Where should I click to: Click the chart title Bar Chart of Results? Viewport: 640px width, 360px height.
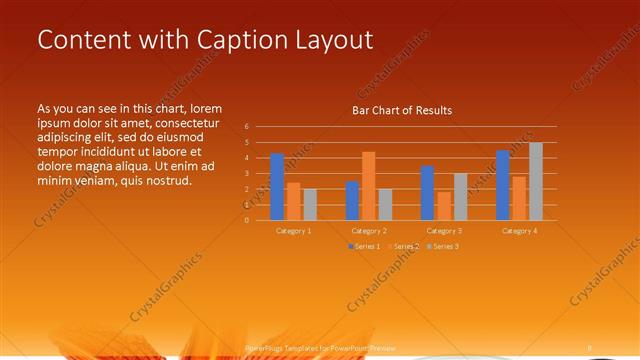[402, 110]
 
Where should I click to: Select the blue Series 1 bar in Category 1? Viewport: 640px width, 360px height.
[277, 187]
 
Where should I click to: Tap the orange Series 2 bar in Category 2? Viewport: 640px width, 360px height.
[368, 186]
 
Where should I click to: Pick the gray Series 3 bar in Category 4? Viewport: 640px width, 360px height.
[535, 181]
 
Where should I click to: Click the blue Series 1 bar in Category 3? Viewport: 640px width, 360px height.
[427, 193]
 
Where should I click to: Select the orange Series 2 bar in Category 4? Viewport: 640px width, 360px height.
[518, 198]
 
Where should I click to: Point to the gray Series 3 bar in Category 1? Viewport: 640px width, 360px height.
[310, 204]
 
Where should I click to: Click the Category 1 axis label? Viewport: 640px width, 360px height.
[293, 231]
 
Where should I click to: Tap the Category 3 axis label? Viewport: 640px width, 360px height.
[443, 231]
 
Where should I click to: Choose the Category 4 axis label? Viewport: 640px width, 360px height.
[518, 231]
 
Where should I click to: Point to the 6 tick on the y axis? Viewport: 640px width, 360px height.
[246, 127]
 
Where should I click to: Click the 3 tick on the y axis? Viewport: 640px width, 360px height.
[246, 173]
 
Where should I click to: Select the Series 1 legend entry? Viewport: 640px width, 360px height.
[365, 246]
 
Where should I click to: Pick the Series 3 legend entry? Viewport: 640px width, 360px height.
[442, 246]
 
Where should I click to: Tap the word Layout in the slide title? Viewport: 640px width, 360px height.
[329, 39]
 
